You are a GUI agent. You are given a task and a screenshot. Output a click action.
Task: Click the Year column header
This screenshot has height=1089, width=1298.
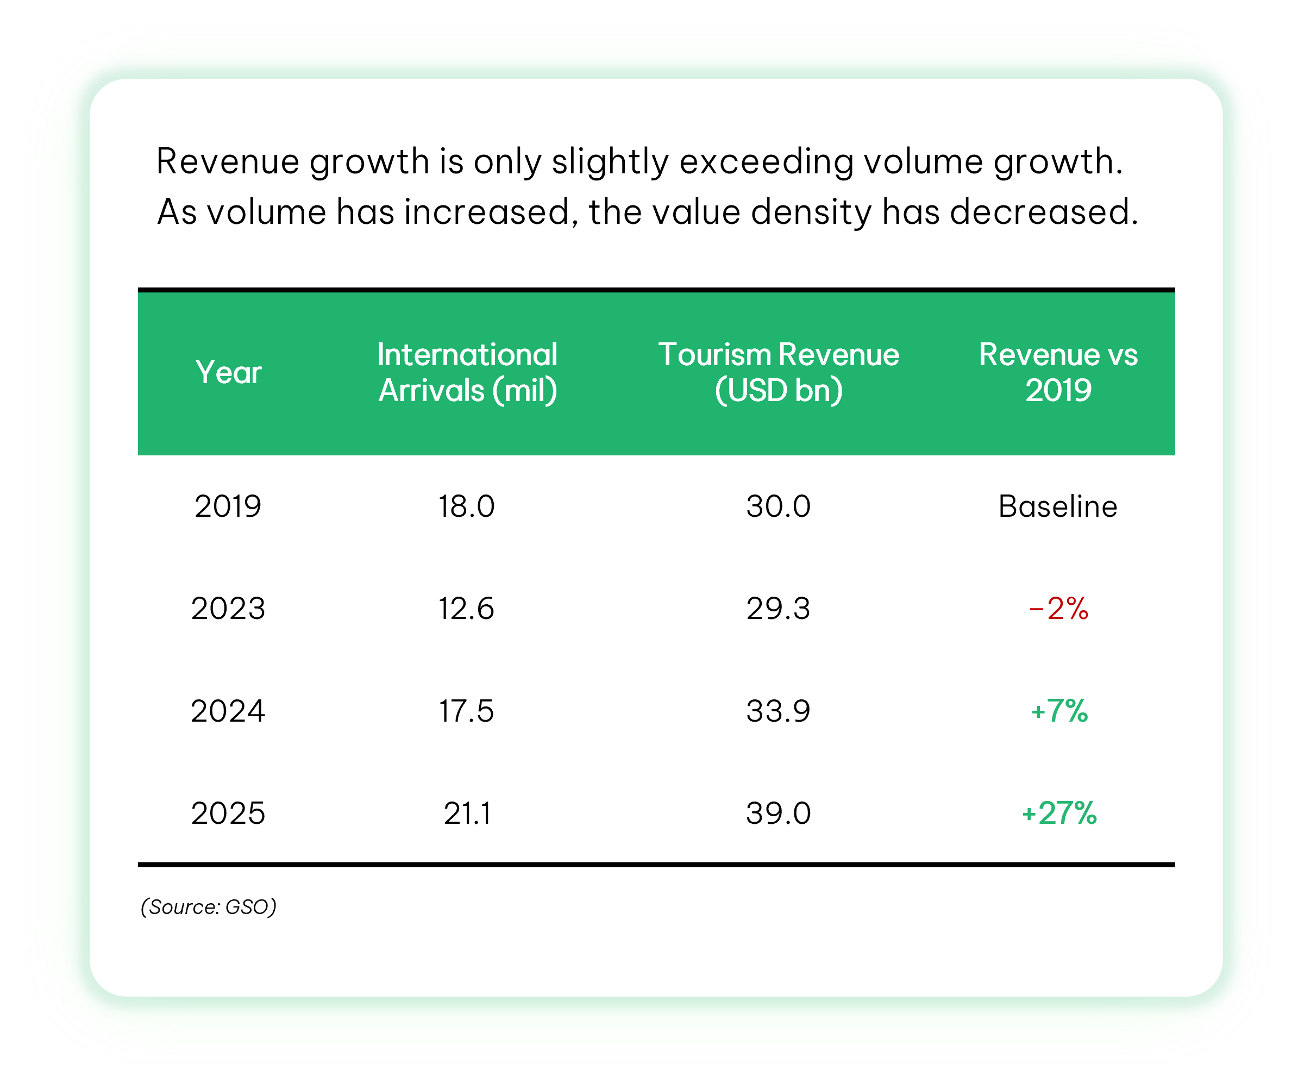click(228, 373)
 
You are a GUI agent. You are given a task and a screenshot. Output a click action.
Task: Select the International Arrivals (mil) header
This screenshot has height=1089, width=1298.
click(467, 373)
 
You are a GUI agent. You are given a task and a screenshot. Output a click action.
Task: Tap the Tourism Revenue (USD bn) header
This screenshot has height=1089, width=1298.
click(778, 373)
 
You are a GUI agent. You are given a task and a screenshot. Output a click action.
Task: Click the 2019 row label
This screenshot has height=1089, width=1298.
click(228, 506)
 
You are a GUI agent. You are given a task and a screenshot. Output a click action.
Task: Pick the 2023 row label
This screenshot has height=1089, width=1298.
click(228, 608)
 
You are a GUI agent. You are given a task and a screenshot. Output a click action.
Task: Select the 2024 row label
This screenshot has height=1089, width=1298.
click(228, 711)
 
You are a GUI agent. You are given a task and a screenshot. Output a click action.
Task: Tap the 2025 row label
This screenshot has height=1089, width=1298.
click(228, 813)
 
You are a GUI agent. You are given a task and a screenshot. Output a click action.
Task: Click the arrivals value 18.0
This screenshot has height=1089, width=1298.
click(467, 506)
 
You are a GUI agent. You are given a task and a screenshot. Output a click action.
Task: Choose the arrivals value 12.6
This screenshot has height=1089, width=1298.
click(467, 608)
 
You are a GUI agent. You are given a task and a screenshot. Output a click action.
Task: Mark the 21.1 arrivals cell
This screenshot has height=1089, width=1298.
click(467, 813)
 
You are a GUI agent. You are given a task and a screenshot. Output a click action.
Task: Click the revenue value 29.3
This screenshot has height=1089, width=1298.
click(778, 608)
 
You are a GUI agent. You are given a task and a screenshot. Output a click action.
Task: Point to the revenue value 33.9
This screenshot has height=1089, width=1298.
click(778, 711)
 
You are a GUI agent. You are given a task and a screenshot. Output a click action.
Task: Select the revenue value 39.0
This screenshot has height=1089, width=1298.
click(778, 813)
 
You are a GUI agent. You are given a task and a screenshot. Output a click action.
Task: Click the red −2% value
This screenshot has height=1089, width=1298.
click(1058, 608)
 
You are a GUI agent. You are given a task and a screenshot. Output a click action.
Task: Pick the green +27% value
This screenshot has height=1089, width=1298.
click(1059, 813)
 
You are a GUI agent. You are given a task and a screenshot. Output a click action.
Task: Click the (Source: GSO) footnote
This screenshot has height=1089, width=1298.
click(208, 906)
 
